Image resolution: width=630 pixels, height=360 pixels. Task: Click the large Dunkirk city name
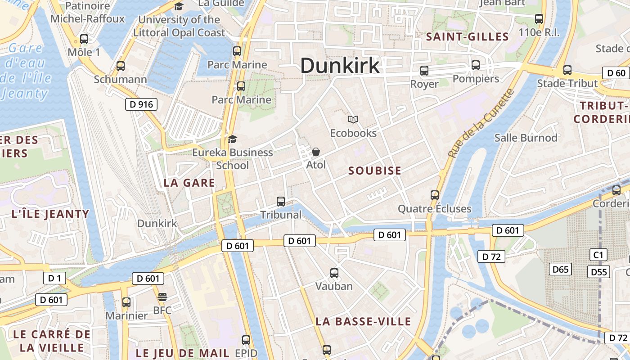pyautogui.click(x=340, y=66)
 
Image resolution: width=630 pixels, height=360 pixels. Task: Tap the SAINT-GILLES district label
pyautogui.click(x=467, y=37)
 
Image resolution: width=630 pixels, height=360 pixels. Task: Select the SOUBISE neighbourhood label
pyautogui.click(x=374, y=171)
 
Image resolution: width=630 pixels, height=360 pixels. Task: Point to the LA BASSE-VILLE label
pyautogui.click(x=363, y=321)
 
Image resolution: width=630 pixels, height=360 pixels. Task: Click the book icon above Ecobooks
pyautogui.click(x=353, y=119)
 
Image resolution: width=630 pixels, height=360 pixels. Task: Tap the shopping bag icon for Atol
pyautogui.click(x=316, y=152)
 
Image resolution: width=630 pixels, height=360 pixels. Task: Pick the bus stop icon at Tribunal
pyautogui.click(x=281, y=201)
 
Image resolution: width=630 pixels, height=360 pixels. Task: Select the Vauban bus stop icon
pyautogui.click(x=334, y=273)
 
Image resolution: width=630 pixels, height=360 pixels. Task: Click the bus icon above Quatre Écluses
pyautogui.click(x=434, y=195)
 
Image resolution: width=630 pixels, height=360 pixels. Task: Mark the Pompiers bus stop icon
pyautogui.click(x=476, y=65)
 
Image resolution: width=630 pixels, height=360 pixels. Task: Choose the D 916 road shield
pyautogui.click(x=141, y=105)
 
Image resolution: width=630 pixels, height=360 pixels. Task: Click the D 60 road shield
pyautogui.click(x=616, y=73)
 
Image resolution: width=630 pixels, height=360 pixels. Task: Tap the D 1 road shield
pyautogui.click(x=54, y=278)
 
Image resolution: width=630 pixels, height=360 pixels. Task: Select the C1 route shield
pyautogui.click(x=598, y=255)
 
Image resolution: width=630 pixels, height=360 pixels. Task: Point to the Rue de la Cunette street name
pyautogui.click(x=481, y=123)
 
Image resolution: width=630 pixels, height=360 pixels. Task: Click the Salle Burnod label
pyautogui.click(x=526, y=138)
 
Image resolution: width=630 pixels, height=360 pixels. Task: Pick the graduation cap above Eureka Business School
pyautogui.click(x=232, y=139)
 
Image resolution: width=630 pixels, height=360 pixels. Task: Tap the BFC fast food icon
pyautogui.click(x=162, y=297)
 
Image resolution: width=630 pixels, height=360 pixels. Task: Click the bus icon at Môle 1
pyautogui.click(x=84, y=39)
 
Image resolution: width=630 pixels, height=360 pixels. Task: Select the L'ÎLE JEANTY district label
pyautogui.click(x=50, y=214)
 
